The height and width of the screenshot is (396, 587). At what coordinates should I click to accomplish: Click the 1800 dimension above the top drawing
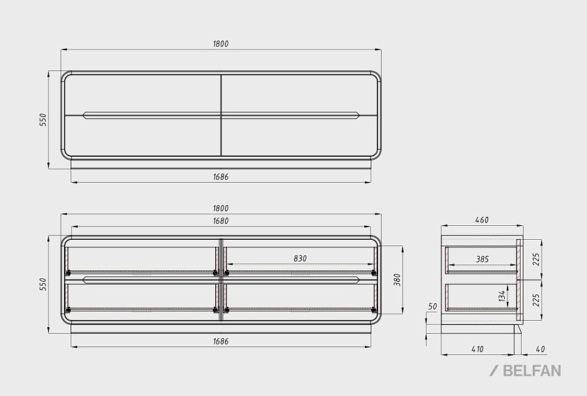click(x=221, y=44)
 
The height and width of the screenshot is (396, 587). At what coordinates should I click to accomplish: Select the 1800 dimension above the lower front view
click(x=221, y=208)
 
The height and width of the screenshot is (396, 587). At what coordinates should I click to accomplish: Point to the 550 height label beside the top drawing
click(x=43, y=120)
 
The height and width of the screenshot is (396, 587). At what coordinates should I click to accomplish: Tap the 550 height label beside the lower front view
click(x=43, y=284)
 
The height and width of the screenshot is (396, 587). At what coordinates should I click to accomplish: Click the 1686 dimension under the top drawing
click(x=221, y=177)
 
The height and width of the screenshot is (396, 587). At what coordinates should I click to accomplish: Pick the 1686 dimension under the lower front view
click(x=221, y=342)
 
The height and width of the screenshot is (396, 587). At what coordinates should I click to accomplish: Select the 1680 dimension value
click(x=221, y=221)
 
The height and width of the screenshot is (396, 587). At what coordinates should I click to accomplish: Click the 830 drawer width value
click(x=300, y=259)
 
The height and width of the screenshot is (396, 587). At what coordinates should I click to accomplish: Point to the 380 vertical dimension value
click(x=397, y=280)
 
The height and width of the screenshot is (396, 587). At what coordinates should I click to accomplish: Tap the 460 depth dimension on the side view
click(x=482, y=220)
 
